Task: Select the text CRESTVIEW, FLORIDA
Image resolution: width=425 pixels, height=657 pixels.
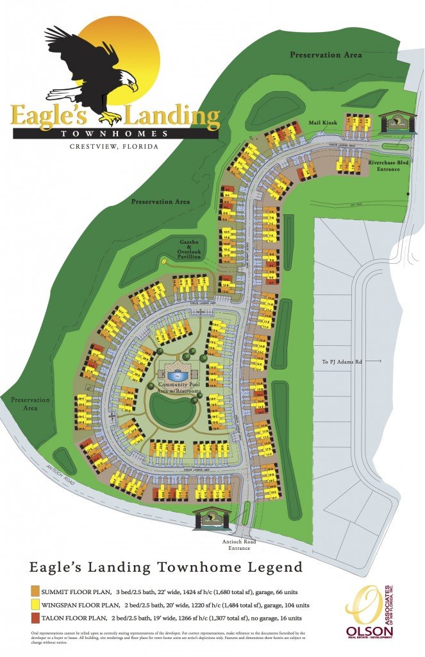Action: [114, 147]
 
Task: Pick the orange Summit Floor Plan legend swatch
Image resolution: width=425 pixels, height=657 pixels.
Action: [35, 590]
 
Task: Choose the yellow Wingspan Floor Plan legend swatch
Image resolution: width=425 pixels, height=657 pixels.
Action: [35, 604]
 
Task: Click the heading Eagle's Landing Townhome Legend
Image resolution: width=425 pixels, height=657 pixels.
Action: [166, 567]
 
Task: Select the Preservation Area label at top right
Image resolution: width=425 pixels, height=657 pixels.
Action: [326, 55]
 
